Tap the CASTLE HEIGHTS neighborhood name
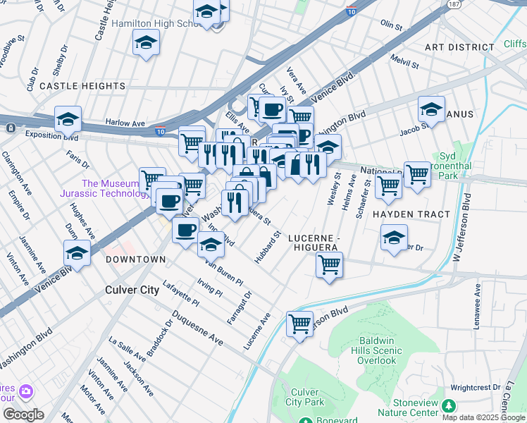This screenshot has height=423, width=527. [82, 86]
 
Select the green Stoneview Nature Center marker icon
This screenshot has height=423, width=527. [448, 405]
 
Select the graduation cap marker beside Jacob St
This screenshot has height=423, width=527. [431, 110]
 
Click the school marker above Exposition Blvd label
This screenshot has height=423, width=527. [68, 120]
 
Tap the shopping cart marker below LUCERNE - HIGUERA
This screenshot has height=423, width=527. [329, 266]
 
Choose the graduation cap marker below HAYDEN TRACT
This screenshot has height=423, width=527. [394, 238]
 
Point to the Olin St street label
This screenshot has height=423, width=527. [391, 26]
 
